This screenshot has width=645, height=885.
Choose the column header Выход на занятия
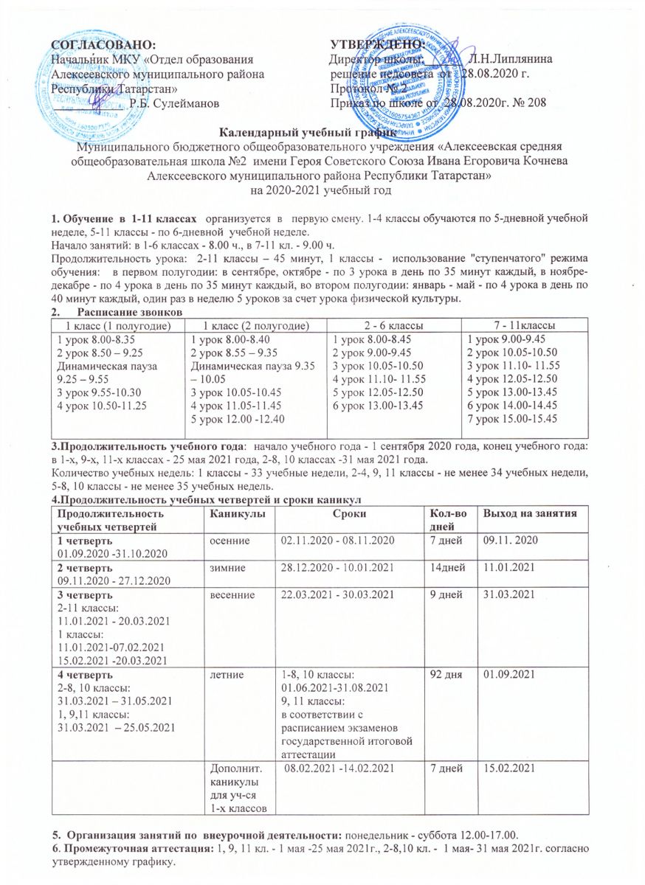528,513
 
